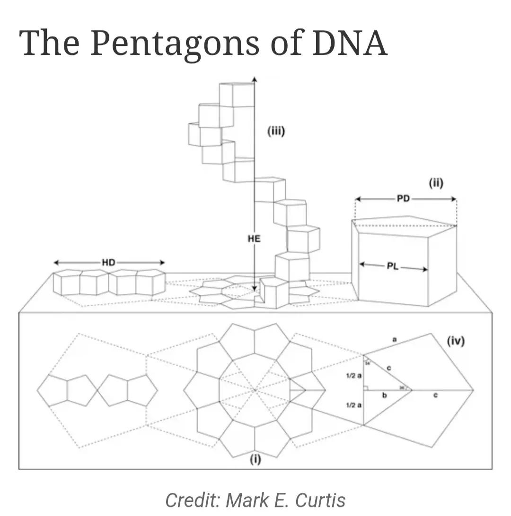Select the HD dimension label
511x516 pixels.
pos(108,263)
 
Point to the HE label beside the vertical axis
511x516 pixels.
pos(254,239)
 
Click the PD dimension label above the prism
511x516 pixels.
pos(403,199)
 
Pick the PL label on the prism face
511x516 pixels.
pos(392,266)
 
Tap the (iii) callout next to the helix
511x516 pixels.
pos(276,132)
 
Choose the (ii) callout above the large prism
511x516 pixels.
pos(435,183)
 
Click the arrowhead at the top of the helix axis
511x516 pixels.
pos(255,79)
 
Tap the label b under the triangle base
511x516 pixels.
pos(384,396)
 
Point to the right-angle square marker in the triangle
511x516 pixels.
pos(366,388)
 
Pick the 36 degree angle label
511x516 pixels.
pos(401,387)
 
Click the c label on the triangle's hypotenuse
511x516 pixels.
pos(388,368)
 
